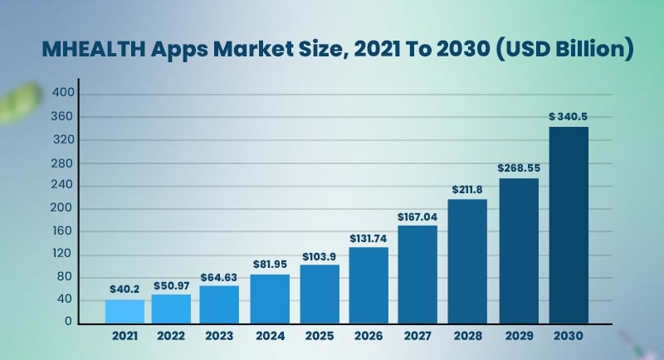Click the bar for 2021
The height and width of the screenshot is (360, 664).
pos(124,311)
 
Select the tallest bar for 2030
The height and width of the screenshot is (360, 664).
pos(568,225)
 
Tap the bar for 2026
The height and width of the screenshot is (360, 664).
pos(369,285)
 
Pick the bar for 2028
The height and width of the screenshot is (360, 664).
pos(467,261)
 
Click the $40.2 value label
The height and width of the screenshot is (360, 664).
pos(124,289)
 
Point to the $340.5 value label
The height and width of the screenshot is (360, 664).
pos(568,117)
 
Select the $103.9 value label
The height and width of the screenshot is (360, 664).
pos(320,255)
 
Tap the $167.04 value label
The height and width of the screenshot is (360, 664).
pos(417,216)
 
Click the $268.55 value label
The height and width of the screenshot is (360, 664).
pos(518,168)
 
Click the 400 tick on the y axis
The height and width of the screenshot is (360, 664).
pos(64,94)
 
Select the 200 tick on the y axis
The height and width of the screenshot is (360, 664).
pos(64,208)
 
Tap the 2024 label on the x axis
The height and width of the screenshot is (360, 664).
pos(270,337)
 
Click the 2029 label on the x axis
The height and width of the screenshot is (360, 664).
pos(518,337)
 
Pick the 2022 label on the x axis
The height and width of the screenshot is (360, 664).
pos(171,337)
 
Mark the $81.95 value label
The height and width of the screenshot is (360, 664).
pos(270,265)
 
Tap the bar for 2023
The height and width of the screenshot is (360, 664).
pos(220,304)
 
